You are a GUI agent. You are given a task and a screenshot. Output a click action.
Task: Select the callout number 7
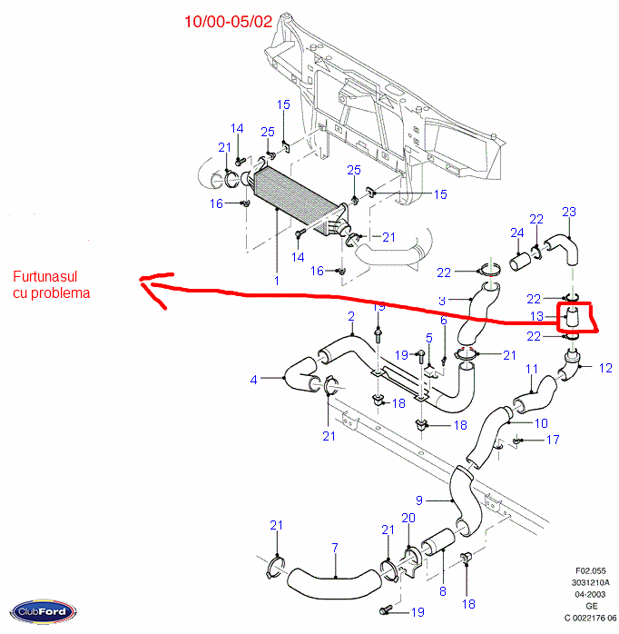coord(335,547)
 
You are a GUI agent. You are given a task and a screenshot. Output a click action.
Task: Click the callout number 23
coord(569,213)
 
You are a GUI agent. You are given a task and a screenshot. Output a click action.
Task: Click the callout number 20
coord(408,518)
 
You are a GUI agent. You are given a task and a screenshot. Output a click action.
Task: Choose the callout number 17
coord(553,441)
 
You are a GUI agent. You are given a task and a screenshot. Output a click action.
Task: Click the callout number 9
coord(420,500)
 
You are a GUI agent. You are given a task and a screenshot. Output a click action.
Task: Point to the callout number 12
coord(605,368)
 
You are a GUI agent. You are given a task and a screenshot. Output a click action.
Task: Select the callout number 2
coord(350,316)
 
